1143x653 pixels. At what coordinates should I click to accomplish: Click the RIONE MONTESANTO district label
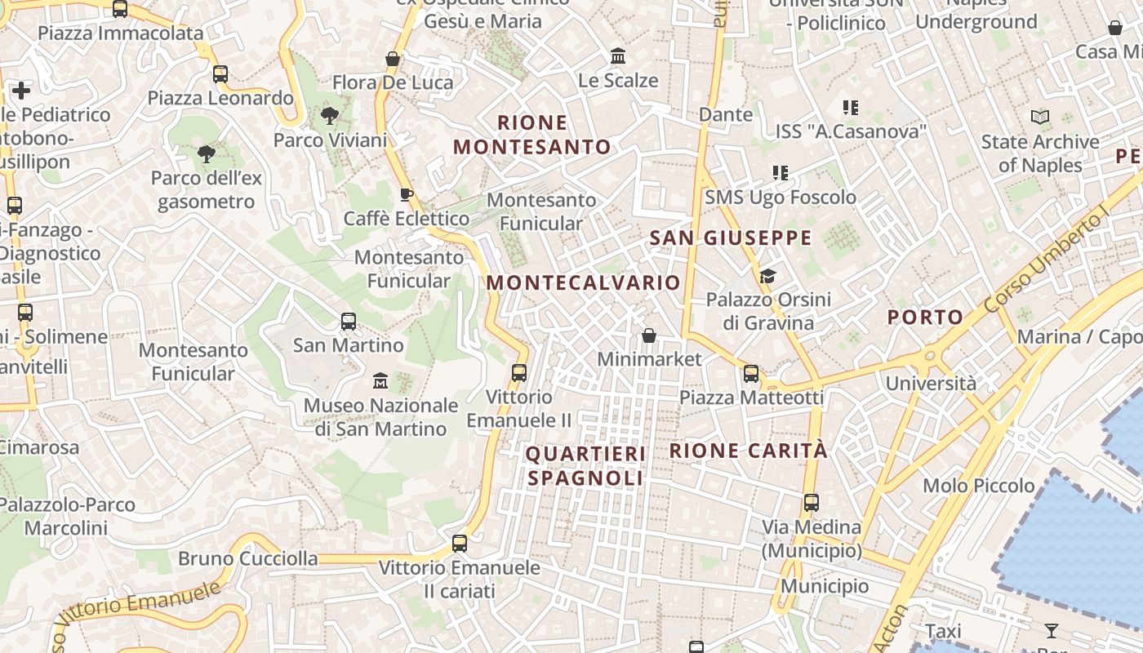click(x=532, y=135)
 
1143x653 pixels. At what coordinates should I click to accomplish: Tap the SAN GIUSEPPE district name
click(x=731, y=238)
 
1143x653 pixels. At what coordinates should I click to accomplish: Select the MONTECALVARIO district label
click(x=583, y=283)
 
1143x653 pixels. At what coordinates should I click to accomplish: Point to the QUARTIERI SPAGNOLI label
click(x=585, y=466)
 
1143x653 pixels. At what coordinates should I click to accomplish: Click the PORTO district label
click(x=925, y=317)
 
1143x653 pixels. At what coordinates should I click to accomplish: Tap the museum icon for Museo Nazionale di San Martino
click(x=380, y=380)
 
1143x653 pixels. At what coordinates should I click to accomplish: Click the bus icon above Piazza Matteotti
click(x=750, y=374)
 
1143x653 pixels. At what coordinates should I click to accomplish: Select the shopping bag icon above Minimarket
click(x=649, y=335)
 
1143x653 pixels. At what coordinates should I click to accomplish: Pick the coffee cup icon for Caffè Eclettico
click(x=406, y=194)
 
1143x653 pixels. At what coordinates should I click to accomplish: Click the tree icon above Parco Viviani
click(x=330, y=116)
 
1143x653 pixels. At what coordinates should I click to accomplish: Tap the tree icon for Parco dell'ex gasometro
click(x=206, y=153)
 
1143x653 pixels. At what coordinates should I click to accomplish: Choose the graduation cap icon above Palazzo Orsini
click(x=767, y=276)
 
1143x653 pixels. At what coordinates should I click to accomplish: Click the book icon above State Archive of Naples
click(x=1039, y=118)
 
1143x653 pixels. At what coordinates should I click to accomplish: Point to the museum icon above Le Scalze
click(x=618, y=56)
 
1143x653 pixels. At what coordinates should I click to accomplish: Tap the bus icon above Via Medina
click(x=811, y=503)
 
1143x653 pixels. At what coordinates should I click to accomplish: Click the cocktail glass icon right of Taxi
click(x=1051, y=631)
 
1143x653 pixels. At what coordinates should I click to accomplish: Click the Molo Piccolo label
click(x=978, y=486)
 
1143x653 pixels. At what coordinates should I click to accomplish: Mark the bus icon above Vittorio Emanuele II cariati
click(x=460, y=544)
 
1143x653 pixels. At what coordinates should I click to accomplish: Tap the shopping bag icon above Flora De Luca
click(x=393, y=59)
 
